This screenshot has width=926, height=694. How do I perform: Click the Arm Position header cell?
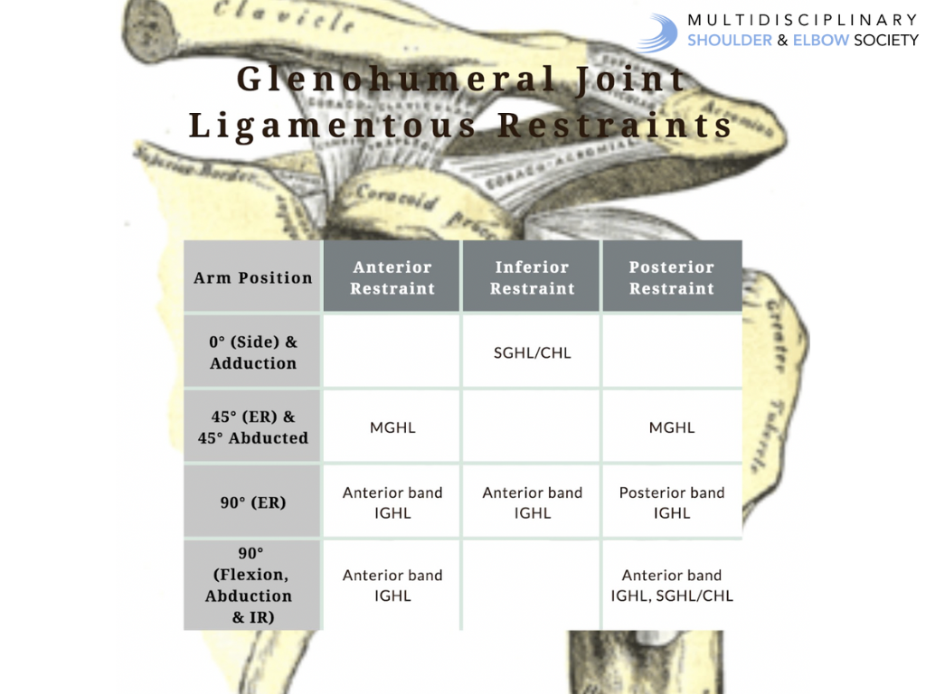tap(252, 277)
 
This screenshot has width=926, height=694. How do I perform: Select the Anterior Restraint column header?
tap(392, 277)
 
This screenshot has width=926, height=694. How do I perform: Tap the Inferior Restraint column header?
tap(532, 277)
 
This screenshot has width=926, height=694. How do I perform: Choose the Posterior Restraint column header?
tap(672, 277)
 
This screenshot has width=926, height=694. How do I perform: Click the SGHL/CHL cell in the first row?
tap(532, 352)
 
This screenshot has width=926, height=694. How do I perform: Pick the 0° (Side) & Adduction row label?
tap(252, 352)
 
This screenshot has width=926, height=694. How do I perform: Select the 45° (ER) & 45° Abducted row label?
tap(252, 427)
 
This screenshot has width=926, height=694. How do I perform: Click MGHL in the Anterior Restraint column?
tap(392, 427)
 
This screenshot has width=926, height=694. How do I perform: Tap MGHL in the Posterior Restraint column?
tap(672, 427)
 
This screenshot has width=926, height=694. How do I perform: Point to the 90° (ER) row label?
tap(252, 502)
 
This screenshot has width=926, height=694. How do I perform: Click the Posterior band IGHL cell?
tap(672, 502)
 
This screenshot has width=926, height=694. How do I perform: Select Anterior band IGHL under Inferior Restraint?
tap(532, 502)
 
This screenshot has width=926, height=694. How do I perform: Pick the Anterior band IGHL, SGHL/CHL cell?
tap(672, 585)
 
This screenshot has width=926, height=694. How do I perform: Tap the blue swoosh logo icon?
tap(658, 32)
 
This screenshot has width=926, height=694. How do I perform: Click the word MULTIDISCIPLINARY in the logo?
tap(802, 20)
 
